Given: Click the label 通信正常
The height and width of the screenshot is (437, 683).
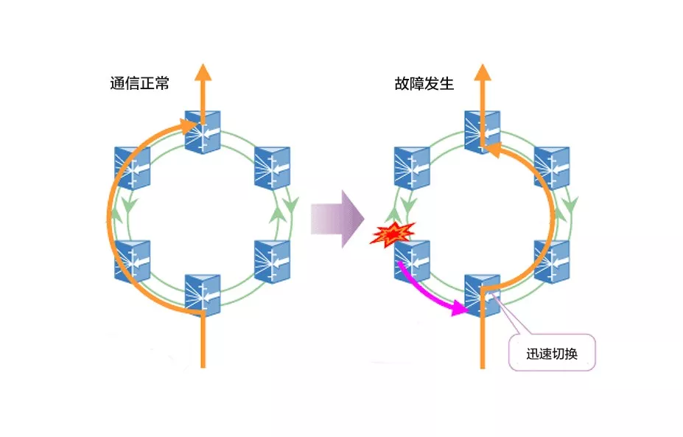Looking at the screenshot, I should [x=140, y=83].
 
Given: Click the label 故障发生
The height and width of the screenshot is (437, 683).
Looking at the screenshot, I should [x=424, y=83].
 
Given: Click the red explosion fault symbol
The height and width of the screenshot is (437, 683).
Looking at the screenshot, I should [x=393, y=234].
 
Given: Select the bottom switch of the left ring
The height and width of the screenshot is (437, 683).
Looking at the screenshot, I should [x=203, y=295].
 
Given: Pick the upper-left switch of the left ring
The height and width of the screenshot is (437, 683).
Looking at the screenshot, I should [x=133, y=169].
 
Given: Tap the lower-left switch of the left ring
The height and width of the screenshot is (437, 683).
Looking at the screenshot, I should [x=133, y=261].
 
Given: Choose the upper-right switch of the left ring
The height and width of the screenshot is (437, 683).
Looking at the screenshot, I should [x=273, y=169].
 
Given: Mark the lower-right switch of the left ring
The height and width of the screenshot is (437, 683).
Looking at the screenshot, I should [x=273, y=261].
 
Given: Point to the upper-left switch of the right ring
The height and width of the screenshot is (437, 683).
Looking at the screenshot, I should [x=413, y=169].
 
